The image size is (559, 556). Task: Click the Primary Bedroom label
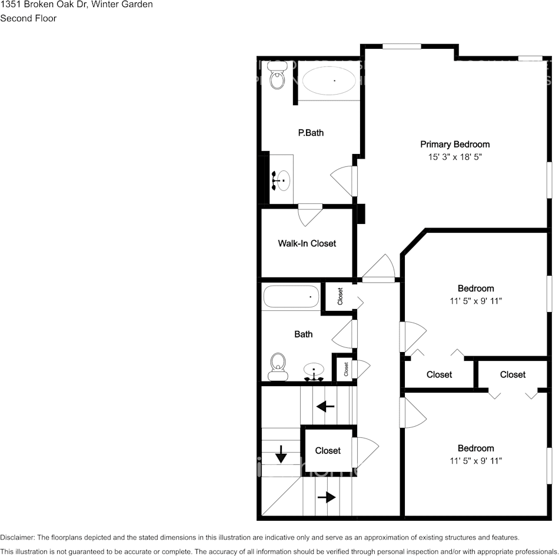click(x=454, y=144)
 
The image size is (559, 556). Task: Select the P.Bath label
click(x=310, y=133)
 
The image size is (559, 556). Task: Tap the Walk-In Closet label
click(x=307, y=243)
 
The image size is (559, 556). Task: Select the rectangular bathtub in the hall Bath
click(x=291, y=296)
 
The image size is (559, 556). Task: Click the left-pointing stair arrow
click(x=325, y=406)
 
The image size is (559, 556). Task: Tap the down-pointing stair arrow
click(x=281, y=454)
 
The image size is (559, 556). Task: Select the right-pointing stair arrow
click(x=326, y=497)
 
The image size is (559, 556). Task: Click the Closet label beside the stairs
click(x=328, y=451)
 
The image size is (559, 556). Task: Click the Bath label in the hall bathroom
click(x=303, y=334)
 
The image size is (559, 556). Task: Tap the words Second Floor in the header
click(x=28, y=18)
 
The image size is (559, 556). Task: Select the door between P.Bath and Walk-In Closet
click(x=310, y=214)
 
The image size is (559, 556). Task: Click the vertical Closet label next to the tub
click(x=340, y=296)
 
